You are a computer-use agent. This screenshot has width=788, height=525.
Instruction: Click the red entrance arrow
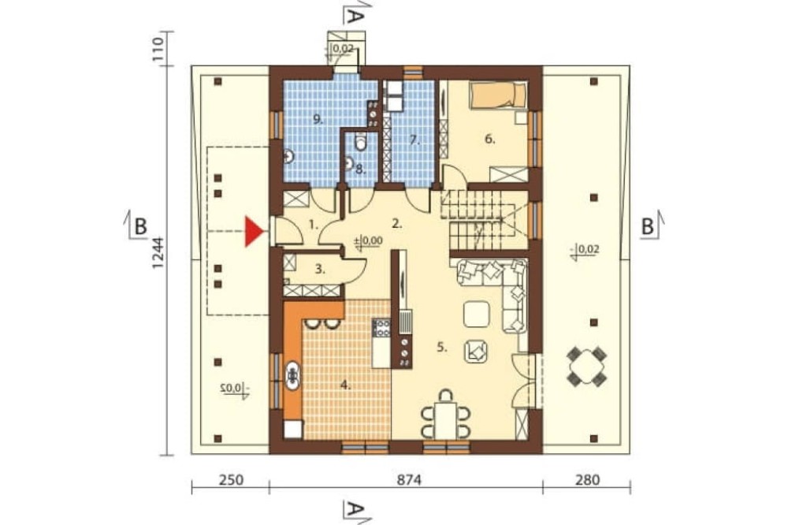tap(254, 232)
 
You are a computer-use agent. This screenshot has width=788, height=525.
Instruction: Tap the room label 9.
tap(317, 119)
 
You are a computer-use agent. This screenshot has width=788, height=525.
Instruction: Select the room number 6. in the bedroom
tap(489, 139)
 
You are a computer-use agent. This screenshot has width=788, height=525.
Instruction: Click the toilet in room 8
tap(360, 143)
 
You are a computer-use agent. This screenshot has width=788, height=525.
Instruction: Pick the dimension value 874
tap(409, 480)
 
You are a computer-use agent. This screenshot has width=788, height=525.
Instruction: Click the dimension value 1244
tap(158, 253)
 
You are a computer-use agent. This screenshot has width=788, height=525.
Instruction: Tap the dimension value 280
tap(587, 480)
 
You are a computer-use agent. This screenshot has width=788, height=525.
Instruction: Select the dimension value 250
tap(231, 480)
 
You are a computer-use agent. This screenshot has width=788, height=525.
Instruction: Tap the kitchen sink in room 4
tap(292, 375)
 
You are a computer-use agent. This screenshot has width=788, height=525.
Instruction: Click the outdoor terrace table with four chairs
tap(586, 366)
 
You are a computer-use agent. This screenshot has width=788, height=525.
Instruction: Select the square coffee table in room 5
tap(477, 314)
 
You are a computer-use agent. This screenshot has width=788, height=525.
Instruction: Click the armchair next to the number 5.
tap(475, 351)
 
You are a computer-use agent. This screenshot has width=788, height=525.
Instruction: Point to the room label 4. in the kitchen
tap(345, 385)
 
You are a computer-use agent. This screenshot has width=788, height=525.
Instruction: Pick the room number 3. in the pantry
tap(320, 269)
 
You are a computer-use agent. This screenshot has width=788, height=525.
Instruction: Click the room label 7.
tap(414, 140)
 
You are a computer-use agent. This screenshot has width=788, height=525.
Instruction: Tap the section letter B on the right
tap(648, 227)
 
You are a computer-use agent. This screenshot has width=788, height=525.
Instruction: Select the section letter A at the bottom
tap(355, 510)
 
